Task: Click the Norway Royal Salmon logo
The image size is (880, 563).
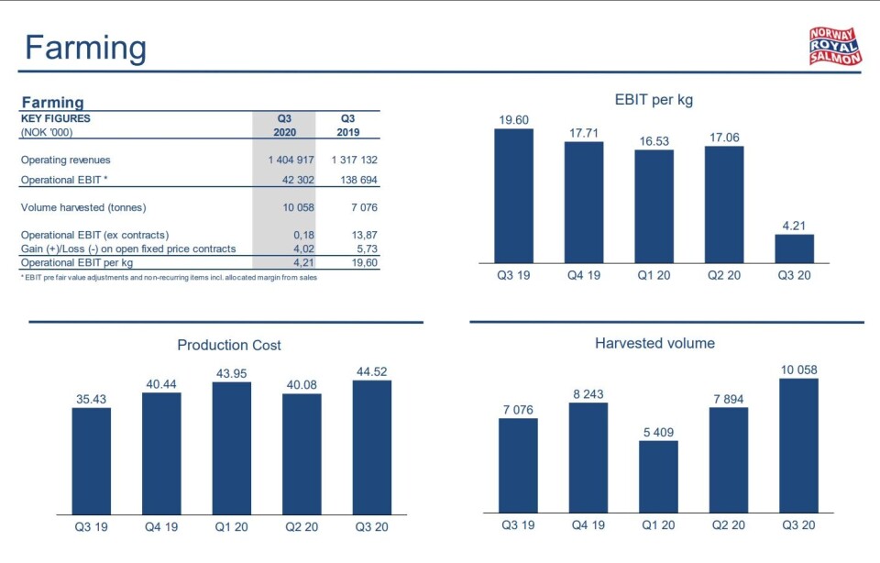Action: (x=834, y=46)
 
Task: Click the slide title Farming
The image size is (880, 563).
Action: (x=85, y=48)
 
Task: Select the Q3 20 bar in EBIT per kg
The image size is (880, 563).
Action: (x=794, y=248)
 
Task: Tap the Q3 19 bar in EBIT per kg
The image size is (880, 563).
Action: (x=513, y=195)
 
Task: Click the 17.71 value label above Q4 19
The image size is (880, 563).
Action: (x=584, y=133)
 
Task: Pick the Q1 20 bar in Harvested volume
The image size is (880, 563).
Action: (x=658, y=475)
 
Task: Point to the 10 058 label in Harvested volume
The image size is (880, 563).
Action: (x=797, y=370)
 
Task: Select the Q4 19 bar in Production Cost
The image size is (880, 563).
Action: (x=161, y=453)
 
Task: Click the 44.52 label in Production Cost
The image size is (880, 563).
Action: (x=371, y=371)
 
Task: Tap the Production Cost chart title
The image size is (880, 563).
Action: (x=229, y=346)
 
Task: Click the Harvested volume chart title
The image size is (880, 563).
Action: (x=654, y=344)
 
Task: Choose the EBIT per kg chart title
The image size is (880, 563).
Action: (x=654, y=100)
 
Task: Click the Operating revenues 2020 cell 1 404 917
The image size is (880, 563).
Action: (x=286, y=160)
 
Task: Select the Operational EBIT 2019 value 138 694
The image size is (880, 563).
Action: (x=354, y=181)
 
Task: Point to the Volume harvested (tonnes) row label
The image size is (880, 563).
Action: (x=83, y=207)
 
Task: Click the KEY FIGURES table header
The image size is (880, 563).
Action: (x=56, y=118)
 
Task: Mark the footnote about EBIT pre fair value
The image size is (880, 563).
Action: (x=169, y=277)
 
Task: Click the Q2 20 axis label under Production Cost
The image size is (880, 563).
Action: (x=302, y=527)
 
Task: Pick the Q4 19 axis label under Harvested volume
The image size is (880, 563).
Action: (x=588, y=525)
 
